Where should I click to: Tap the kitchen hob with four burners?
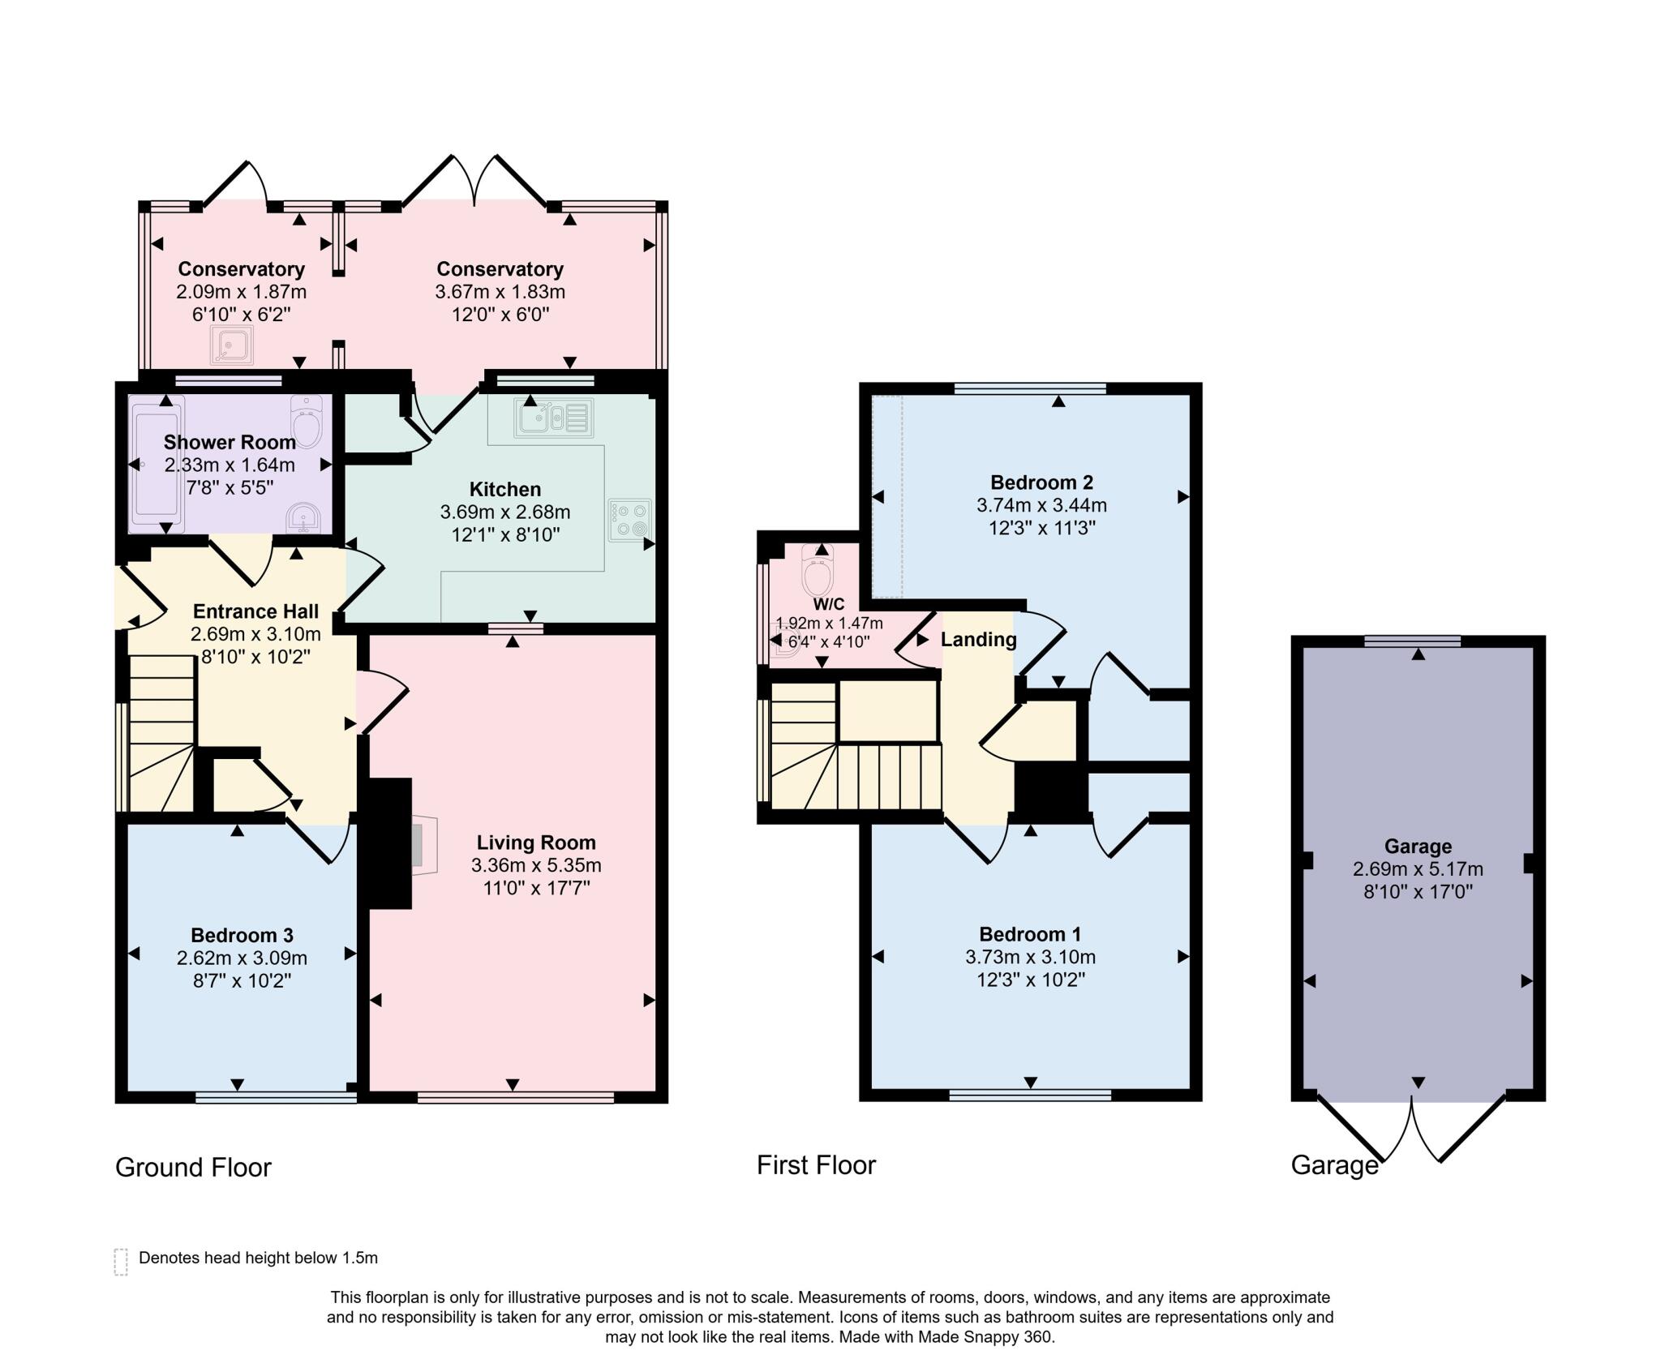tap(630, 520)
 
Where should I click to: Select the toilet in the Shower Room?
tap(307, 421)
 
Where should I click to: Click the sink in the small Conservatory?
tap(231, 345)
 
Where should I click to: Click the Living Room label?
tap(536, 842)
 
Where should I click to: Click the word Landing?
tap(978, 640)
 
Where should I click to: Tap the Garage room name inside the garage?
tap(1418, 847)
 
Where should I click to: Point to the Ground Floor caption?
tap(193, 1167)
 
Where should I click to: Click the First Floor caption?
tap(816, 1165)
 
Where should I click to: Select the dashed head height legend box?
tap(121, 1262)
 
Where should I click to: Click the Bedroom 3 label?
tap(242, 935)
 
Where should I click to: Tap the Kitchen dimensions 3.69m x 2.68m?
tap(504, 512)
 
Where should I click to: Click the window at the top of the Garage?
tap(1412, 641)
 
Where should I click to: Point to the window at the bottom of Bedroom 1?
tap(1030, 1095)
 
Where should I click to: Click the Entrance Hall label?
tap(255, 611)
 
